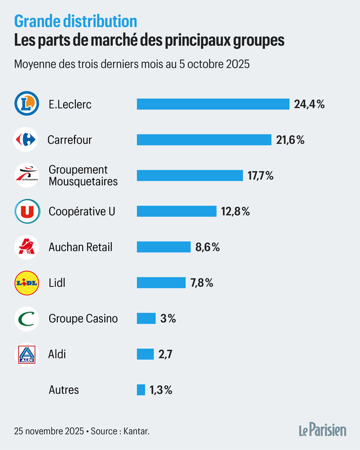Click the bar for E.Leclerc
point(213,104)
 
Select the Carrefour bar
point(204,140)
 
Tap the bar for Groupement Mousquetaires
point(190,175)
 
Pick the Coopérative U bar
point(177,211)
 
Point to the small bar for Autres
point(141,390)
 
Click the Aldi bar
point(145,354)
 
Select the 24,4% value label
point(310,104)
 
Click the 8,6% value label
point(208,247)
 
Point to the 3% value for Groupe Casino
point(168,319)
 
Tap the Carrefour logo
point(26,140)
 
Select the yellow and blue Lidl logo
point(26,283)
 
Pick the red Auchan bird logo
point(26,247)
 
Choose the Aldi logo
point(26,354)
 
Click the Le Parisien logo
point(322,430)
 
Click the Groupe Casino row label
point(83,319)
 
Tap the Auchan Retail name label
point(80,247)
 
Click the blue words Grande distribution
point(76,22)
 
